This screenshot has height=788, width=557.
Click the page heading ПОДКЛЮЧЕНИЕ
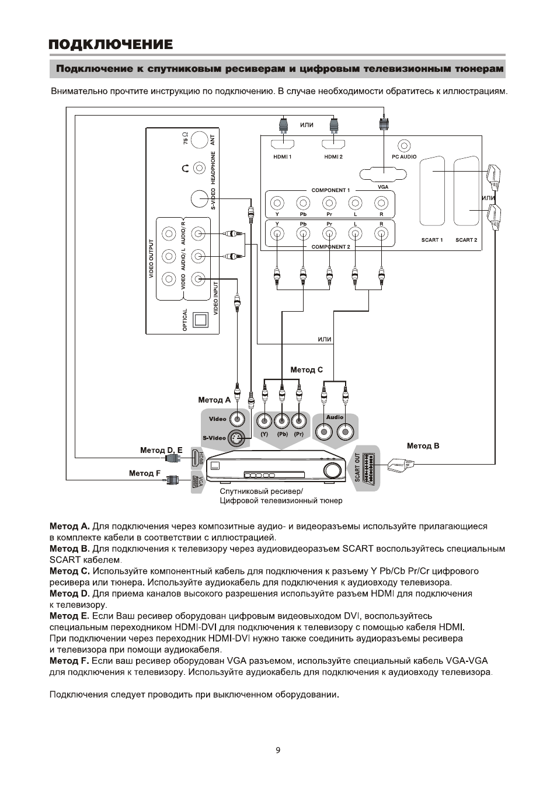[110, 44]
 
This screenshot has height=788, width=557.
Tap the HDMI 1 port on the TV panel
[282, 145]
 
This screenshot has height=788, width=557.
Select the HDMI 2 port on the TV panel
[333, 145]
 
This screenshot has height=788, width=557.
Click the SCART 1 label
[432, 240]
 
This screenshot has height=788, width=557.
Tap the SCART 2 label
[466, 240]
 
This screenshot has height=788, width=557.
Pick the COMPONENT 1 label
[330, 190]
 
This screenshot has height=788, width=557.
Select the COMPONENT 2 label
[330, 247]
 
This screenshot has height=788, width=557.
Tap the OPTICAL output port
[200, 319]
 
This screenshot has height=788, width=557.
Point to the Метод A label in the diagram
[214, 400]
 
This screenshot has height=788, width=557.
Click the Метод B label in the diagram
[423, 446]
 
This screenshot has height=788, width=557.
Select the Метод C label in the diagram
[307, 369]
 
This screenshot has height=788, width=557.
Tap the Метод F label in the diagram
[145, 473]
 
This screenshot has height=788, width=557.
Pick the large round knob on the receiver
[333, 470]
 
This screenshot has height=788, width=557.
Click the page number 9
[278, 750]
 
